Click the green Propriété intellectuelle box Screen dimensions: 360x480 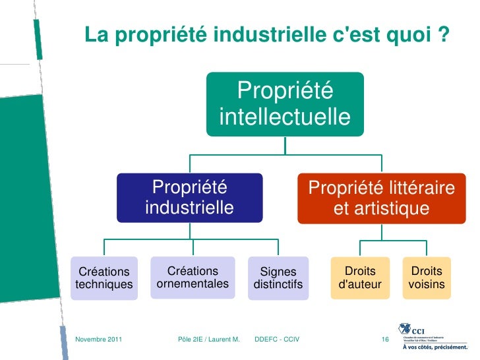(285, 104)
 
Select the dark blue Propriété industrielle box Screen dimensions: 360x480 (190, 198)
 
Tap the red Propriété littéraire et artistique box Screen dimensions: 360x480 (381, 198)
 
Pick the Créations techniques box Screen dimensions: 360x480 (104, 278)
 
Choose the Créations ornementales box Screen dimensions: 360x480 (193, 278)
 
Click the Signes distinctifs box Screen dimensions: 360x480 (278, 278)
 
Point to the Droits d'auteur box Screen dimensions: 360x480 (360, 278)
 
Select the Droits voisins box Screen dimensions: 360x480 (427, 278)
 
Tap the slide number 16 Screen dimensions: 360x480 (386, 340)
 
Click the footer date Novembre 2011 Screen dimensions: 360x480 (99, 340)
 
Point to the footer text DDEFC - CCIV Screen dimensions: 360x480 (277, 340)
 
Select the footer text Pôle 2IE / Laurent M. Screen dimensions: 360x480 (208, 340)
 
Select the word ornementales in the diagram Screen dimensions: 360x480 (193, 284)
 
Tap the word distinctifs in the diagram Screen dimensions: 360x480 (278, 285)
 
